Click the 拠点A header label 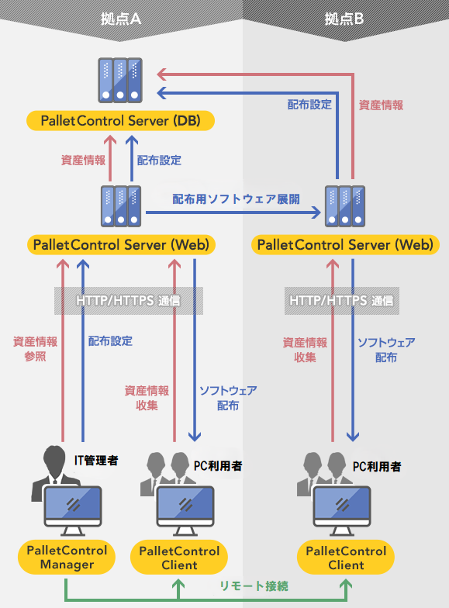click(x=121, y=19)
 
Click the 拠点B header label click(x=344, y=19)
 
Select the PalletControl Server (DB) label click(x=121, y=121)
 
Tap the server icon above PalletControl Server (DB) click(x=120, y=81)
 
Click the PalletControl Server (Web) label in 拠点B click(x=345, y=245)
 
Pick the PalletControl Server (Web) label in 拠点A click(x=121, y=245)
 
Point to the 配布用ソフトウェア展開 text click(x=236, y=199)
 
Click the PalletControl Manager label click(x=67, y=557)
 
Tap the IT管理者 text click(x=96, y=461)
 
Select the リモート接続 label click(x=254, y=586)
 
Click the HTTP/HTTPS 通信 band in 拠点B click(x=341, y=301)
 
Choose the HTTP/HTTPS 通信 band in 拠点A click(x=129, y=301)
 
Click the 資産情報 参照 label click(x=36, y=349)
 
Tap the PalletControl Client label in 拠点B click(x=346, y=558)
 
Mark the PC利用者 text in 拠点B click(x=377, y=467)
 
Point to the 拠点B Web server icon click(x=345, y=206)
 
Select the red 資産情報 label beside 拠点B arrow click(x=381, y=105)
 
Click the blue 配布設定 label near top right click(x=309, y=104)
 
